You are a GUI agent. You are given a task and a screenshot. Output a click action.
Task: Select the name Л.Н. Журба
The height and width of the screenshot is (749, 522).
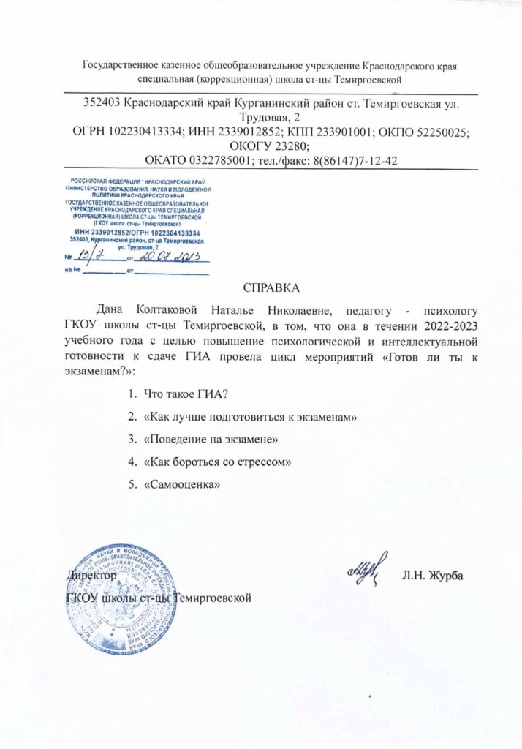tap(433, 575)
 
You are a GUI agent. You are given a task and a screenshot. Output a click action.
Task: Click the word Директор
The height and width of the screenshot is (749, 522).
tap(91, 576)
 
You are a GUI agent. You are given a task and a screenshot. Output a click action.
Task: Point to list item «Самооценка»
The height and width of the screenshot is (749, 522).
tap(182, 483)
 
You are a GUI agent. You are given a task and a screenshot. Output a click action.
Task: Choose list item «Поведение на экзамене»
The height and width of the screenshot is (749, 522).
tap(211, 438)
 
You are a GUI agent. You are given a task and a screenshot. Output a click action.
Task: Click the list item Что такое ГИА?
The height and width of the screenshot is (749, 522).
tap(186, 394)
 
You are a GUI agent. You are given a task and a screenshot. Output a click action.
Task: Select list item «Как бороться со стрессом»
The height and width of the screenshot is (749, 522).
tap(219, 461)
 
